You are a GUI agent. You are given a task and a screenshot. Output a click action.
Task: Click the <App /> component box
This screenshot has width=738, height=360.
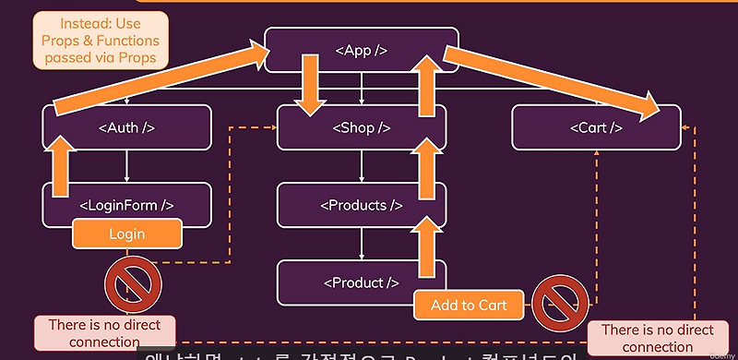(x=361, y=50)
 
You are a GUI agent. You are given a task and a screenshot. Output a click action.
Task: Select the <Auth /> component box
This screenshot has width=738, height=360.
(x=127, y=128)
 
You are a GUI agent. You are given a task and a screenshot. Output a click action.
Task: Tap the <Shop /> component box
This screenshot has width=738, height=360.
(x=361, y=128)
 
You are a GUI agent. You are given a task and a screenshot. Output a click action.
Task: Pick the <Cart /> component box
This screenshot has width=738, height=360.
(x=596, y=128)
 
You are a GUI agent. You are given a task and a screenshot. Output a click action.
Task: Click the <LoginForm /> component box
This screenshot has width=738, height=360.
(x=127, y=205)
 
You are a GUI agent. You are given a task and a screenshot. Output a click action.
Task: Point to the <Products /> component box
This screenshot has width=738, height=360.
(x=361, y=205)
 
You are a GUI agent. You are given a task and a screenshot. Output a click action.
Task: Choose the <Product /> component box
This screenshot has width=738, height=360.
(x=361, y=282)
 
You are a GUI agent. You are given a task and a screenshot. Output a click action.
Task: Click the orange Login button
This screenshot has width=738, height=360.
(x=126, y=234)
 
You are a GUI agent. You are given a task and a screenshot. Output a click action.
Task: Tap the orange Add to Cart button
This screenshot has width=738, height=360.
(x=469, y=305)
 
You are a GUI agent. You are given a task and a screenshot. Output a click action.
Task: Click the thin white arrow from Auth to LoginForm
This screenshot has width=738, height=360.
(x=126, y=166)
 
